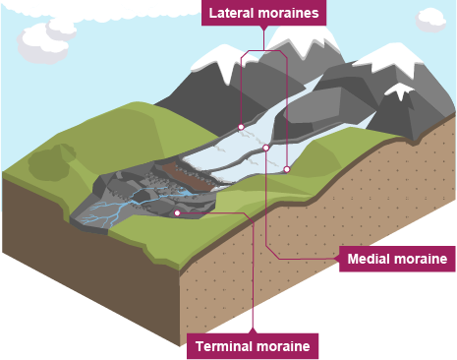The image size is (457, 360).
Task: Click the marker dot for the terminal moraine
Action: click(x=177, y=211)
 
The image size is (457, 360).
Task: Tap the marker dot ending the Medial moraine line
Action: click(x=265, y=149)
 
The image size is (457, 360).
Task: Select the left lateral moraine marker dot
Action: click(x=241, y=127)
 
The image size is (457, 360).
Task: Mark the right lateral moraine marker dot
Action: click(x=287, y=169)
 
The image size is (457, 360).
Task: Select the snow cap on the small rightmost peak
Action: click(x=401, y=90)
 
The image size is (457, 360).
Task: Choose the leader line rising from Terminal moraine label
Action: click(x=254, y=285)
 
